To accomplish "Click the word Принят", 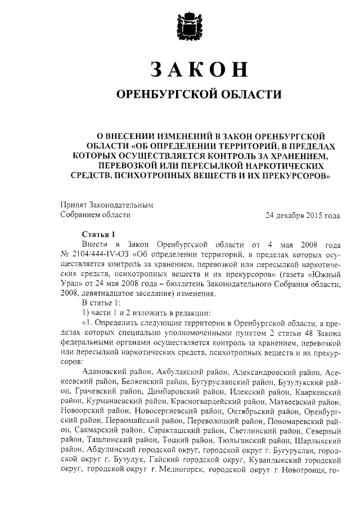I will (73, 205).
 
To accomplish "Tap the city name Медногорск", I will (181, 469).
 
